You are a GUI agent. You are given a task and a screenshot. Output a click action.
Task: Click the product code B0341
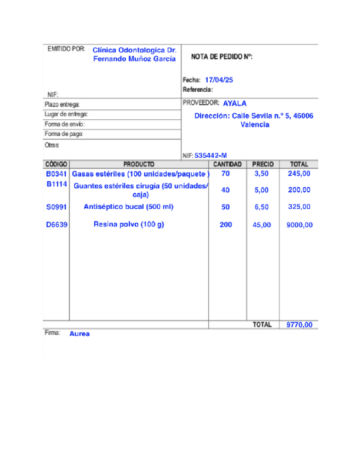click(56, 174)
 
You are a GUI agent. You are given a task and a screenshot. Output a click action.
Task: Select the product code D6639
click(56, 225)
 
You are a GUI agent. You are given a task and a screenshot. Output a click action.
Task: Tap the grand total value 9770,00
click(299, 325)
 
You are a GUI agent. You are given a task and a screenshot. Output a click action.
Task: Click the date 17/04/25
click(219, 80)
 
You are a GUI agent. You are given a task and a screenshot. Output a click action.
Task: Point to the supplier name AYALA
click(235, 103)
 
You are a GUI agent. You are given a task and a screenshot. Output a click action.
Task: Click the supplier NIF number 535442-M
click(211, 156)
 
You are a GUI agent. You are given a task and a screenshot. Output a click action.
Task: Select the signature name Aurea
click(80, 334)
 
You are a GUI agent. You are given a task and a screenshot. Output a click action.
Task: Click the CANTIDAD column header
click(228, 164)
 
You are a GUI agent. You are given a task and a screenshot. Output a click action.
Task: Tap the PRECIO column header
click(262, 164)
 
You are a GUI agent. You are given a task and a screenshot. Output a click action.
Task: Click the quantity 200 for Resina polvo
click(225, 225)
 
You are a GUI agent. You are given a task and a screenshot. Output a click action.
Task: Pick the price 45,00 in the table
click(262, 225)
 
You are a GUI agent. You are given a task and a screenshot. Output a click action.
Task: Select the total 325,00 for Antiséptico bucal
click(299, 207)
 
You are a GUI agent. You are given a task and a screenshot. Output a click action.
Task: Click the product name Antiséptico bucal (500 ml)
click(128, 207)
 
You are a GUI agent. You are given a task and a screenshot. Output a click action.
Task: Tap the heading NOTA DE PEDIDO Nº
click(221, 57)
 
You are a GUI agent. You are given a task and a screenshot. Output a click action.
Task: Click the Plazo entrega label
click(62, 104)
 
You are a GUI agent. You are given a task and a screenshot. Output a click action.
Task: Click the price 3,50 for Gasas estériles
click(262, 174)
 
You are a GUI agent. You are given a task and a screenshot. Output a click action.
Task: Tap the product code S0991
click(56, 207)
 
